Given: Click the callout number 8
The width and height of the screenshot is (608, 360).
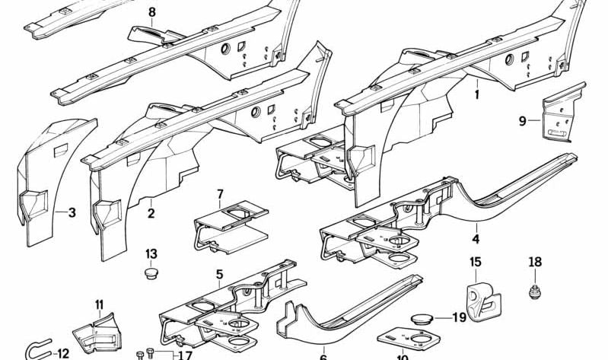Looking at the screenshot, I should coord(151,12).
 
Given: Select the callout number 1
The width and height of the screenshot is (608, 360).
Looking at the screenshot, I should coord(477,95).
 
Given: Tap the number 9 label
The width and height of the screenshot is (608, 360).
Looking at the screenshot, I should coord(523,119).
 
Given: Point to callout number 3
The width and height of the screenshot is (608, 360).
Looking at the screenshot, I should coord(72,212).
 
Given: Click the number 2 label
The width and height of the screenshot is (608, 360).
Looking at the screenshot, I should coord(151,213).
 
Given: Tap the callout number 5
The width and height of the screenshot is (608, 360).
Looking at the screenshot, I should coord(219,273).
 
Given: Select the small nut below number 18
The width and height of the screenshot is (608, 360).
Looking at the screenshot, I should coord(536,290).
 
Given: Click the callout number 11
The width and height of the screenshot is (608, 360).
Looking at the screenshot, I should coord(99,305).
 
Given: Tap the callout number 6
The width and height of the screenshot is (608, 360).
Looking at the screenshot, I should coord(323,355).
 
